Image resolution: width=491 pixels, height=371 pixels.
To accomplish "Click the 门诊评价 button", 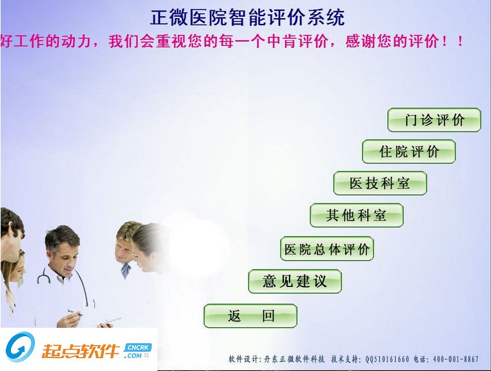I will (434, 120).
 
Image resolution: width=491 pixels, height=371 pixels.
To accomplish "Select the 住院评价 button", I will (408, 152).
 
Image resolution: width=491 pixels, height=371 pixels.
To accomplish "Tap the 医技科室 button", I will (380, 183).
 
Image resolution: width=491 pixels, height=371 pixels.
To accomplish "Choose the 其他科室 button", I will (356, 216).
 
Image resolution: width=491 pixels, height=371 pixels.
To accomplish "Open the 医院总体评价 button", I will (327, 249).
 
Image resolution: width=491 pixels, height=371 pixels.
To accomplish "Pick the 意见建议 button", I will (295, 281).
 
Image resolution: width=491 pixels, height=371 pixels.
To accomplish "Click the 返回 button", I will (250, 316).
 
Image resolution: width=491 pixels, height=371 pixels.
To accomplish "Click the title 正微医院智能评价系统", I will (248, 17).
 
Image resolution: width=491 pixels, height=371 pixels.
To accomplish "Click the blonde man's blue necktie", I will (125, 270).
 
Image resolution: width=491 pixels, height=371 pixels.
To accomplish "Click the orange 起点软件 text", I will (81, 352).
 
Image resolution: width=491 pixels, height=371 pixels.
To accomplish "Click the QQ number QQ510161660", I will (387, 359).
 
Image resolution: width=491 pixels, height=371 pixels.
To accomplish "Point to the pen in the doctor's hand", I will (77, 314).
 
